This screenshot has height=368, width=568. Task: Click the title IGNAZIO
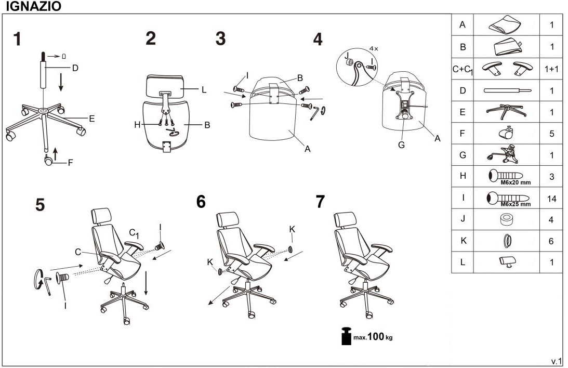point(33,6)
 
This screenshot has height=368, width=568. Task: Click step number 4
point(318,39)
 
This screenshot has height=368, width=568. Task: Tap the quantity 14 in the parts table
point(551,199)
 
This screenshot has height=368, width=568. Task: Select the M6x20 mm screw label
point(516,183)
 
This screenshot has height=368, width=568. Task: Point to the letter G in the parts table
point(462,155)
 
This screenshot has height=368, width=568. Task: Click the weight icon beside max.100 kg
point(346,336)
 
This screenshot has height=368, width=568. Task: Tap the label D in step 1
point(75,68)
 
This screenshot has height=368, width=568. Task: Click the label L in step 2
point(204,89)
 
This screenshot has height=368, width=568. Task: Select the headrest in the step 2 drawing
point(165,85)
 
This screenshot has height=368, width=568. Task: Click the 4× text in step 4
point(374,48)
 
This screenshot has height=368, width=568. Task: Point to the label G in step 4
point(401,145)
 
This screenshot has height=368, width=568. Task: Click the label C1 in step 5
point(134,233)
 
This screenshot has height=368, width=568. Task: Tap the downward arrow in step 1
point(61,82)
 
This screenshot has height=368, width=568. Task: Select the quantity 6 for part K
point(551,241)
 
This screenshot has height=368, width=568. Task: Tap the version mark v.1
point(557,361)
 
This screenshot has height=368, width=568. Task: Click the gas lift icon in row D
point(507,90)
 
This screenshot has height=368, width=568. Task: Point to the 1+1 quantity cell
point(551,69)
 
